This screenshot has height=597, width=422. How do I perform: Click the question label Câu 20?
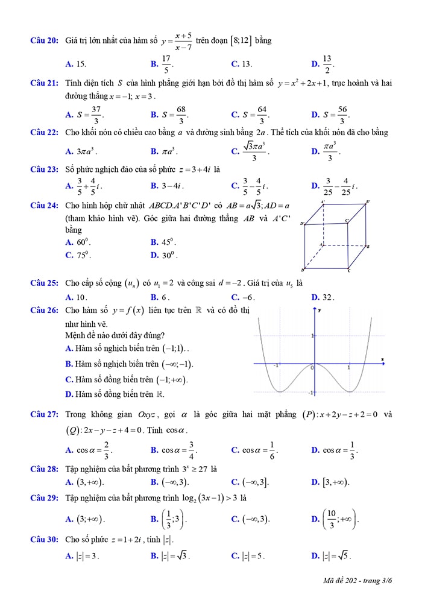click(x=45, y=40)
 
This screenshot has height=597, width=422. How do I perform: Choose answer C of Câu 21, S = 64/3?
click(x=250, y=114)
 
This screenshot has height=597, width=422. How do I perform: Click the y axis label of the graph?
click(x=319, y=310)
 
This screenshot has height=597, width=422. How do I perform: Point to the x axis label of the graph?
click(x=382, y=360)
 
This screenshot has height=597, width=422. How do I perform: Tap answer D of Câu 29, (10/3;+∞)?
click(x=335, y=519)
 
